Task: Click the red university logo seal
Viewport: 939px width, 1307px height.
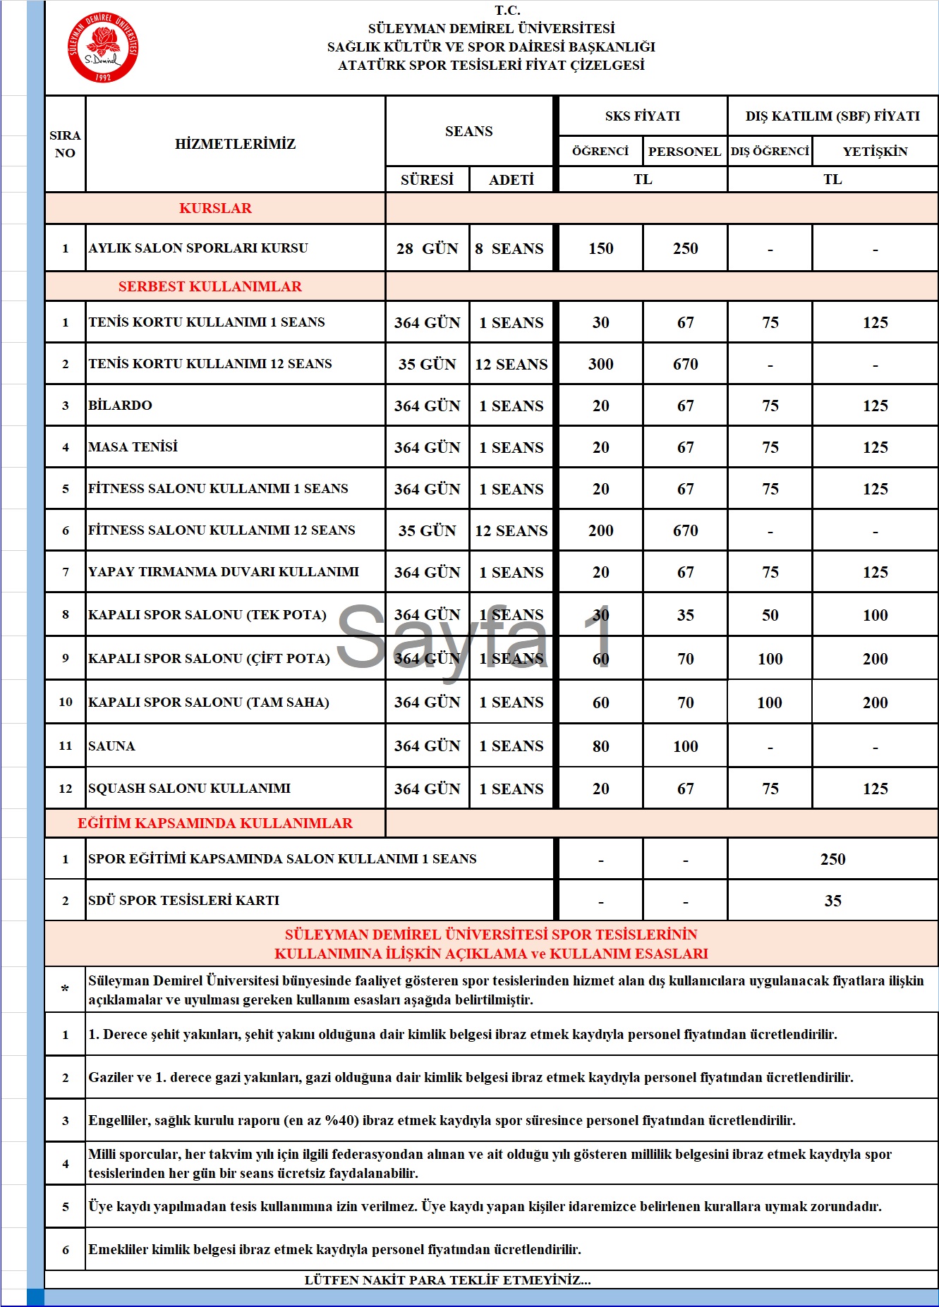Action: click(103, 47)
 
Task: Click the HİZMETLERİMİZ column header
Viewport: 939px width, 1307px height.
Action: click(235, 144)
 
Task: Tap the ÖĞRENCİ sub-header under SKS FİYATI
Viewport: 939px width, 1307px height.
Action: click(600, 151)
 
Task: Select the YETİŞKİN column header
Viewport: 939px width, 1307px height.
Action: click(875, 151)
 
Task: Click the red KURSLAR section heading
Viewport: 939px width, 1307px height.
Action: click(215, 208)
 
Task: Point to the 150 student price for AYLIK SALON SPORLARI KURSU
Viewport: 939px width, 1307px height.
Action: click(601, 248)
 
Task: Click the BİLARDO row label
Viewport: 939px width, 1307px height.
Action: click(121, 406)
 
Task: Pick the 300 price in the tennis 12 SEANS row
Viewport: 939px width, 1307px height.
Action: click(601, 364)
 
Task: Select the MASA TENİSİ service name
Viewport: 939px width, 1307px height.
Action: click(133, 447)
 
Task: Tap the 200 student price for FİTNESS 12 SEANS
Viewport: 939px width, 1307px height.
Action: click(601, 530)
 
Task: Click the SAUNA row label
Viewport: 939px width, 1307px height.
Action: click(111, 746)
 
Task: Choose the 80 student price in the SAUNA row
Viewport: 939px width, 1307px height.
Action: click(601, 746)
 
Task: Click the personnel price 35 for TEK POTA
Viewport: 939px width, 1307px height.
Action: click(685, 615)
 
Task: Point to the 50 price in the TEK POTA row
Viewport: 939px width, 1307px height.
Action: click(770, 615)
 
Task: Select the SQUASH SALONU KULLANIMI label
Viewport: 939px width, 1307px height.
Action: click(189, 789)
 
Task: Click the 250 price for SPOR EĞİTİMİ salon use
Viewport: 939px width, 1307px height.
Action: click(832, 859)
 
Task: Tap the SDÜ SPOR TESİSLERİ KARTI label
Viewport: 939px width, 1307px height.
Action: click(183, 901)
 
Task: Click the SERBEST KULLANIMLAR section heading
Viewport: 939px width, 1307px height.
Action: click(210, 286)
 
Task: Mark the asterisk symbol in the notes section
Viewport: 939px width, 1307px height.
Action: click(65, 990)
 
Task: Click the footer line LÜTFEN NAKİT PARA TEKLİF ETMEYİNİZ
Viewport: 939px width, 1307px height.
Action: click(447, 1280)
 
